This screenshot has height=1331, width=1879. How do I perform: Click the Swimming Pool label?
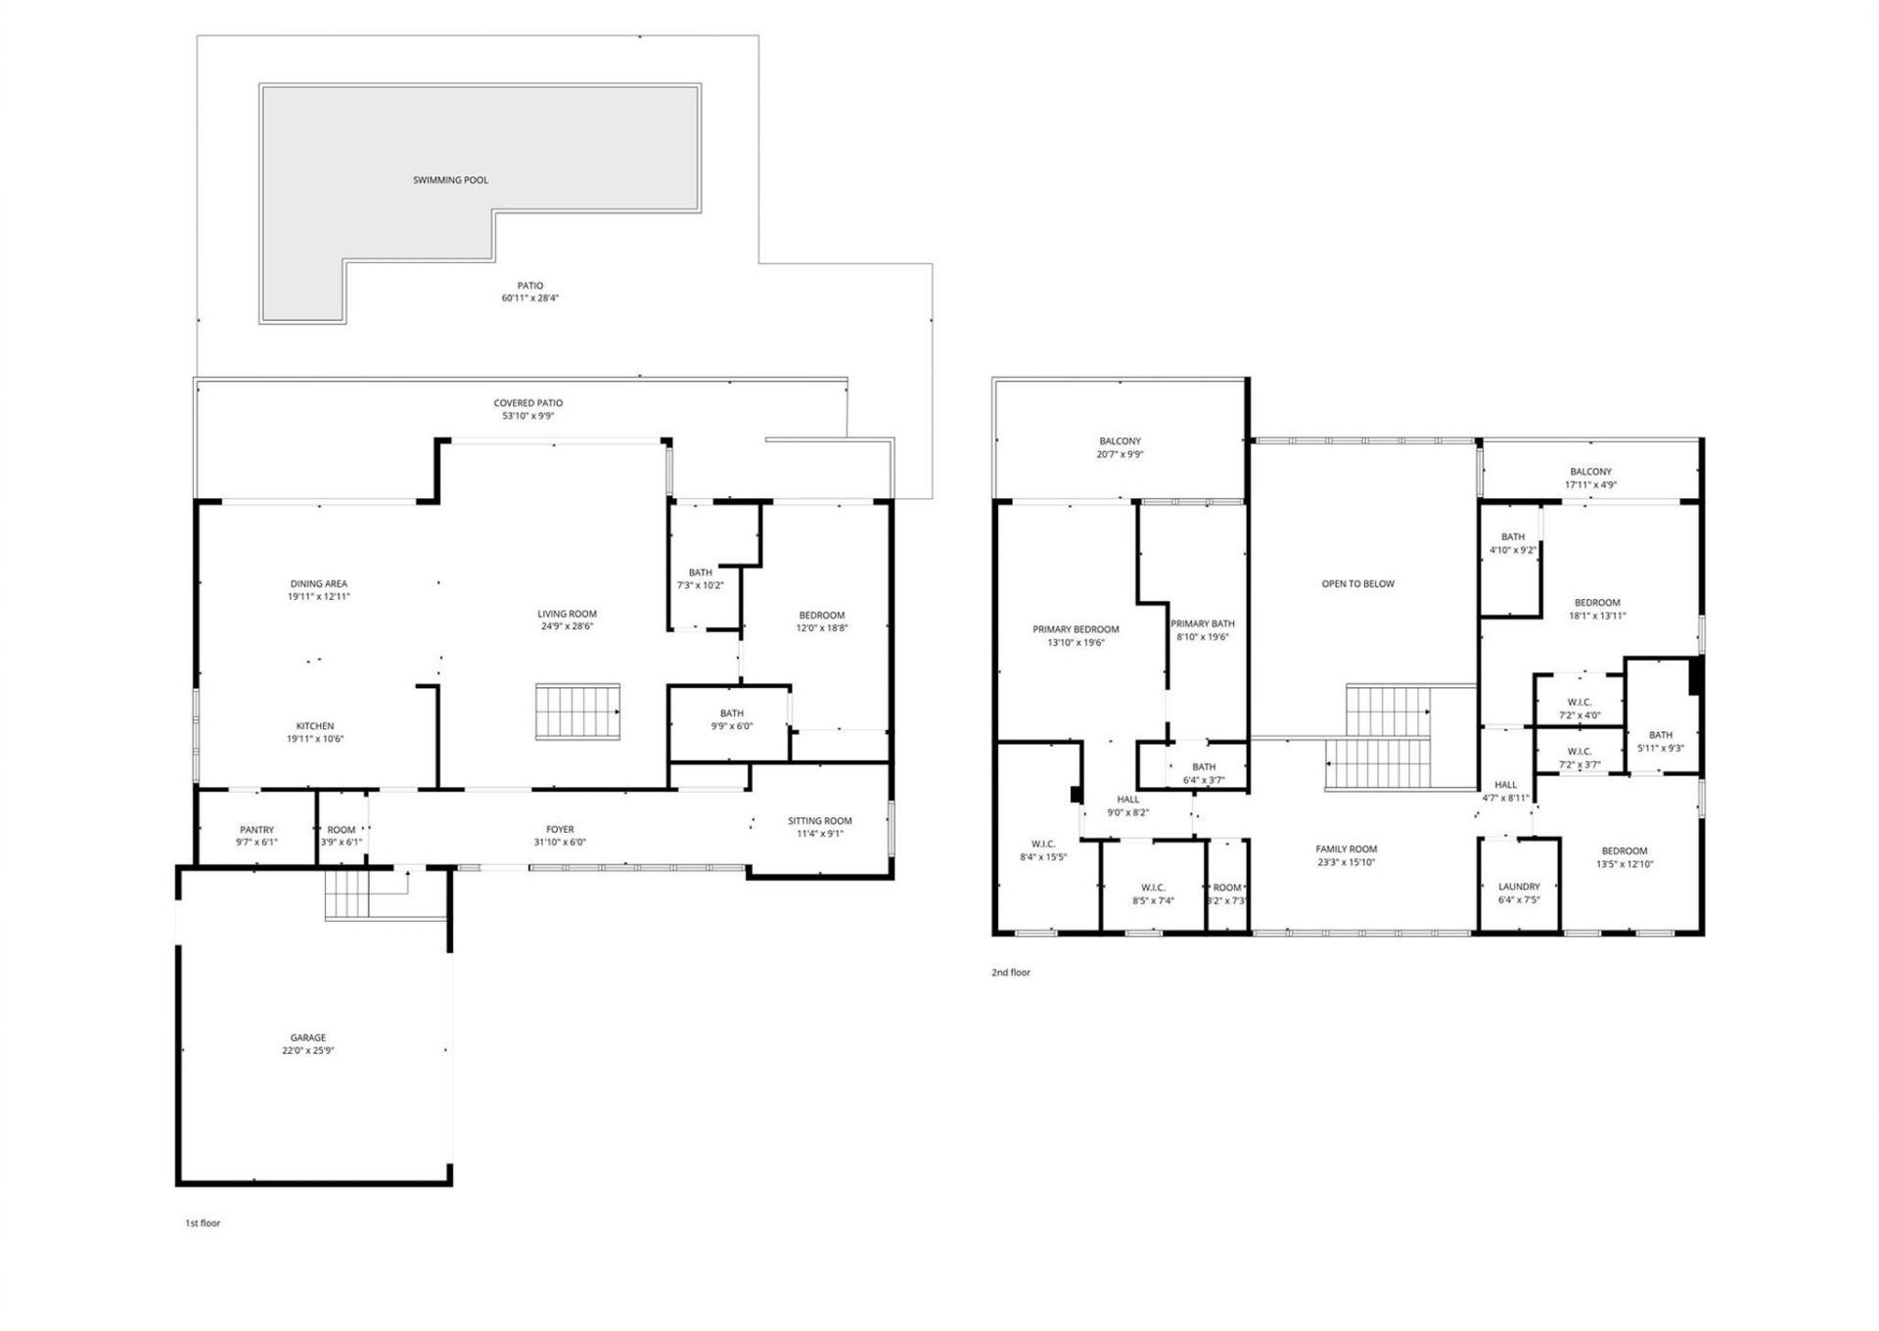(x=450, y=180)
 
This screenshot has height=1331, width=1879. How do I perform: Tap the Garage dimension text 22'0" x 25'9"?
(x=307, y=1051)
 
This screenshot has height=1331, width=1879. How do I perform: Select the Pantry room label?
(x=256, y=830)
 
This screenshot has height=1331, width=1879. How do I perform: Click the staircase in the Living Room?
(x=577, y=712)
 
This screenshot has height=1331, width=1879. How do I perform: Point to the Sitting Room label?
(x=819, y=821)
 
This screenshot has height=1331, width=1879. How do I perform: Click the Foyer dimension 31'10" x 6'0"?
(x=560, y=843)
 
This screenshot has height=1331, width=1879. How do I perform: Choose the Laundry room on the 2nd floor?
(x=1518, y=887)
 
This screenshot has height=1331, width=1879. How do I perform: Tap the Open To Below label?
(x=1357, y=584)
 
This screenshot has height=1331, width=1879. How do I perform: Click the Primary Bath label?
(x=1202, y=623)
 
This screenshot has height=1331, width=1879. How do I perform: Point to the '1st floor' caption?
(x=203, y=1223)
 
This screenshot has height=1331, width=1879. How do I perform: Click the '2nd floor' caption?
(x=1011, y=973)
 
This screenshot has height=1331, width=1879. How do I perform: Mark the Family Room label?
(x=1346, y=849)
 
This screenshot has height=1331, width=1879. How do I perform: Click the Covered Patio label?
(x=527, y=403)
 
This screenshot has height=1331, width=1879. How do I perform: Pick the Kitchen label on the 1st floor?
(x=315, y=726)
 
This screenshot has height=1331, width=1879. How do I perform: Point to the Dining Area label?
(x=318, y=584)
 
